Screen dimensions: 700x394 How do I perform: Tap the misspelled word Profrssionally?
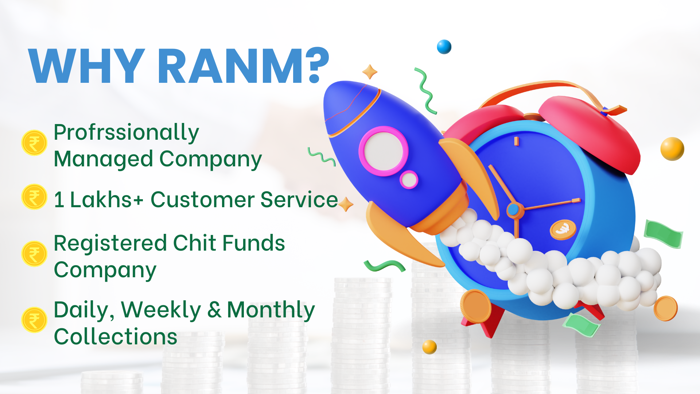[x=126, y=132]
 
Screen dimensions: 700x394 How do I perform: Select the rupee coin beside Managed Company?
[x=34, y=143]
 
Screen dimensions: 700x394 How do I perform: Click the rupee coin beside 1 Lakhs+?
[x=34, y=197]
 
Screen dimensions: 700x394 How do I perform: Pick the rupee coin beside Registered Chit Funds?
[x=34, y=254]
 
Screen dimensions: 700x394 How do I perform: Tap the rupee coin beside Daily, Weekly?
[x=34, y=320]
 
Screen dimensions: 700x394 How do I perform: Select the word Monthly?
[x=271, y=311]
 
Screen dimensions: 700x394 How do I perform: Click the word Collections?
[x=116, y=336]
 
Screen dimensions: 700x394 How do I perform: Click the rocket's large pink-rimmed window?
[x=384, y=151]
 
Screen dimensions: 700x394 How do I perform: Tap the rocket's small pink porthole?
[x=409, y=179]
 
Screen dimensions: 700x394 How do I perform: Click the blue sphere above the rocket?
[x=444, y=47]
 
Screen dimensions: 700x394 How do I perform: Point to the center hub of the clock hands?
[x=513, y=210]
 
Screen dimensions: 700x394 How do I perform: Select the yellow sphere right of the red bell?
[x=672, y=149]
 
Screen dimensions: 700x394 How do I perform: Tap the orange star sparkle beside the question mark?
[x=370, y=72]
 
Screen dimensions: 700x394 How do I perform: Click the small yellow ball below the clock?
[x=429, y=347]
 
